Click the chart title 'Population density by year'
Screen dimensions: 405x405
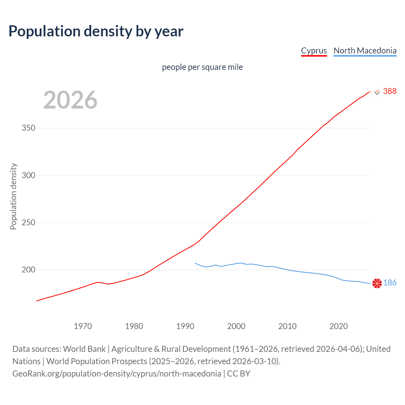(x=96, y=31)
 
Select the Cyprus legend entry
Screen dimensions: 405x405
(x=314, y=51)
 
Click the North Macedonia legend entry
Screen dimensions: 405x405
(x=365, y=51)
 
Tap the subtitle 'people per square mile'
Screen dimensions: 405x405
(x=202, y=67)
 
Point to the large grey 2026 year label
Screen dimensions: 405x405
(x=70, y=100)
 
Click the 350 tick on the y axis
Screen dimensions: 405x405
(x=28, y=128)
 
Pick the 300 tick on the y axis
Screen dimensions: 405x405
(x=28, y=175)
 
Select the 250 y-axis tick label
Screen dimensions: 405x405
(x=28, y=223)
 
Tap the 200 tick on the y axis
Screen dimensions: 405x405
(x=28, y=270)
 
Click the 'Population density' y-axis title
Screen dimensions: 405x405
(x=13, y=196)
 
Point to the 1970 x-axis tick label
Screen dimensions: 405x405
(x=83, y=326)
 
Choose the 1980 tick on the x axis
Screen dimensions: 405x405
(x=134, y=326)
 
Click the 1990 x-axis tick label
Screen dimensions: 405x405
(x=185, y=326)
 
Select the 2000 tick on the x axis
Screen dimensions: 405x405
(x=236, y=326)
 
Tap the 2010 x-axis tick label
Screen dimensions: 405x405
(x=287, y=326)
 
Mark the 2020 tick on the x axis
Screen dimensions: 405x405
(x=339, y=326)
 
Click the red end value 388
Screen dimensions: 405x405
(x=389, y=91)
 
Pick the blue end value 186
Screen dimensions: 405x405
(x=390, y=283)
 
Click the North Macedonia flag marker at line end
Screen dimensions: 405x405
(x=377, y=283)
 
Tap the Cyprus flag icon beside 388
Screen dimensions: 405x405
(x=377, y=91)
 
